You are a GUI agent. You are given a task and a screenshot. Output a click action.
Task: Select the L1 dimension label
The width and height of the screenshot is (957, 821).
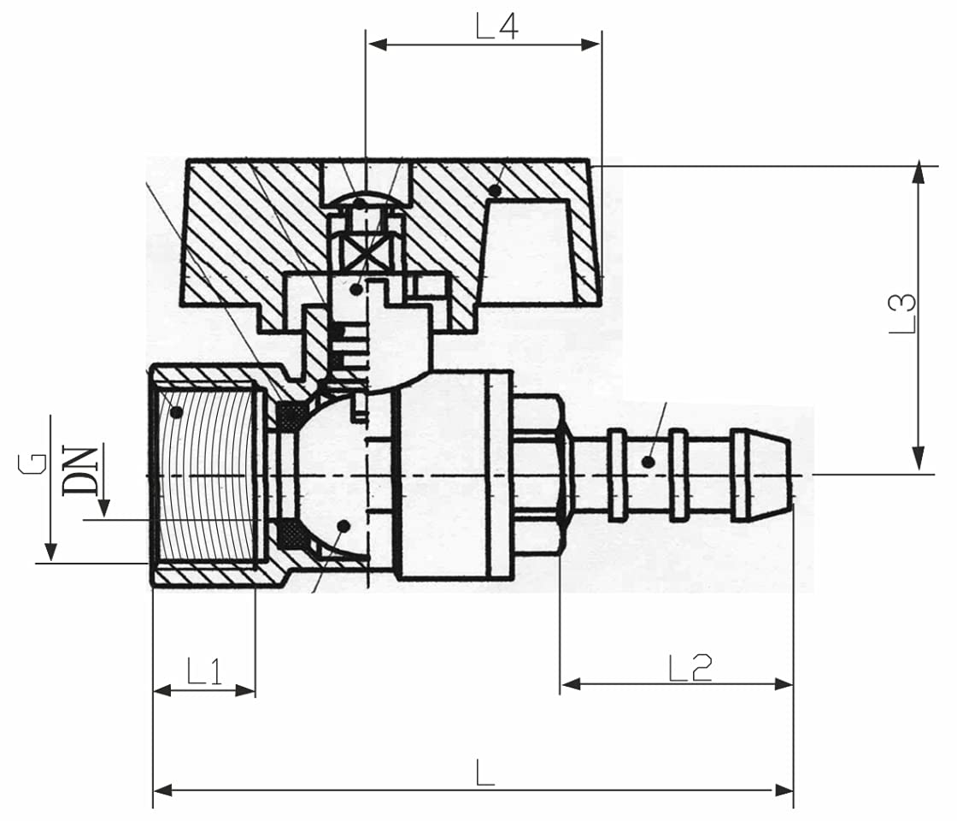pos(204,672)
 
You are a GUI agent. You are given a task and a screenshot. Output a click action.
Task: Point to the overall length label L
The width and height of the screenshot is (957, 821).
pos(484,773)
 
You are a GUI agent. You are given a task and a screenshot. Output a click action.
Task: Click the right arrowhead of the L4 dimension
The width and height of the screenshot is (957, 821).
pos(592,44)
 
